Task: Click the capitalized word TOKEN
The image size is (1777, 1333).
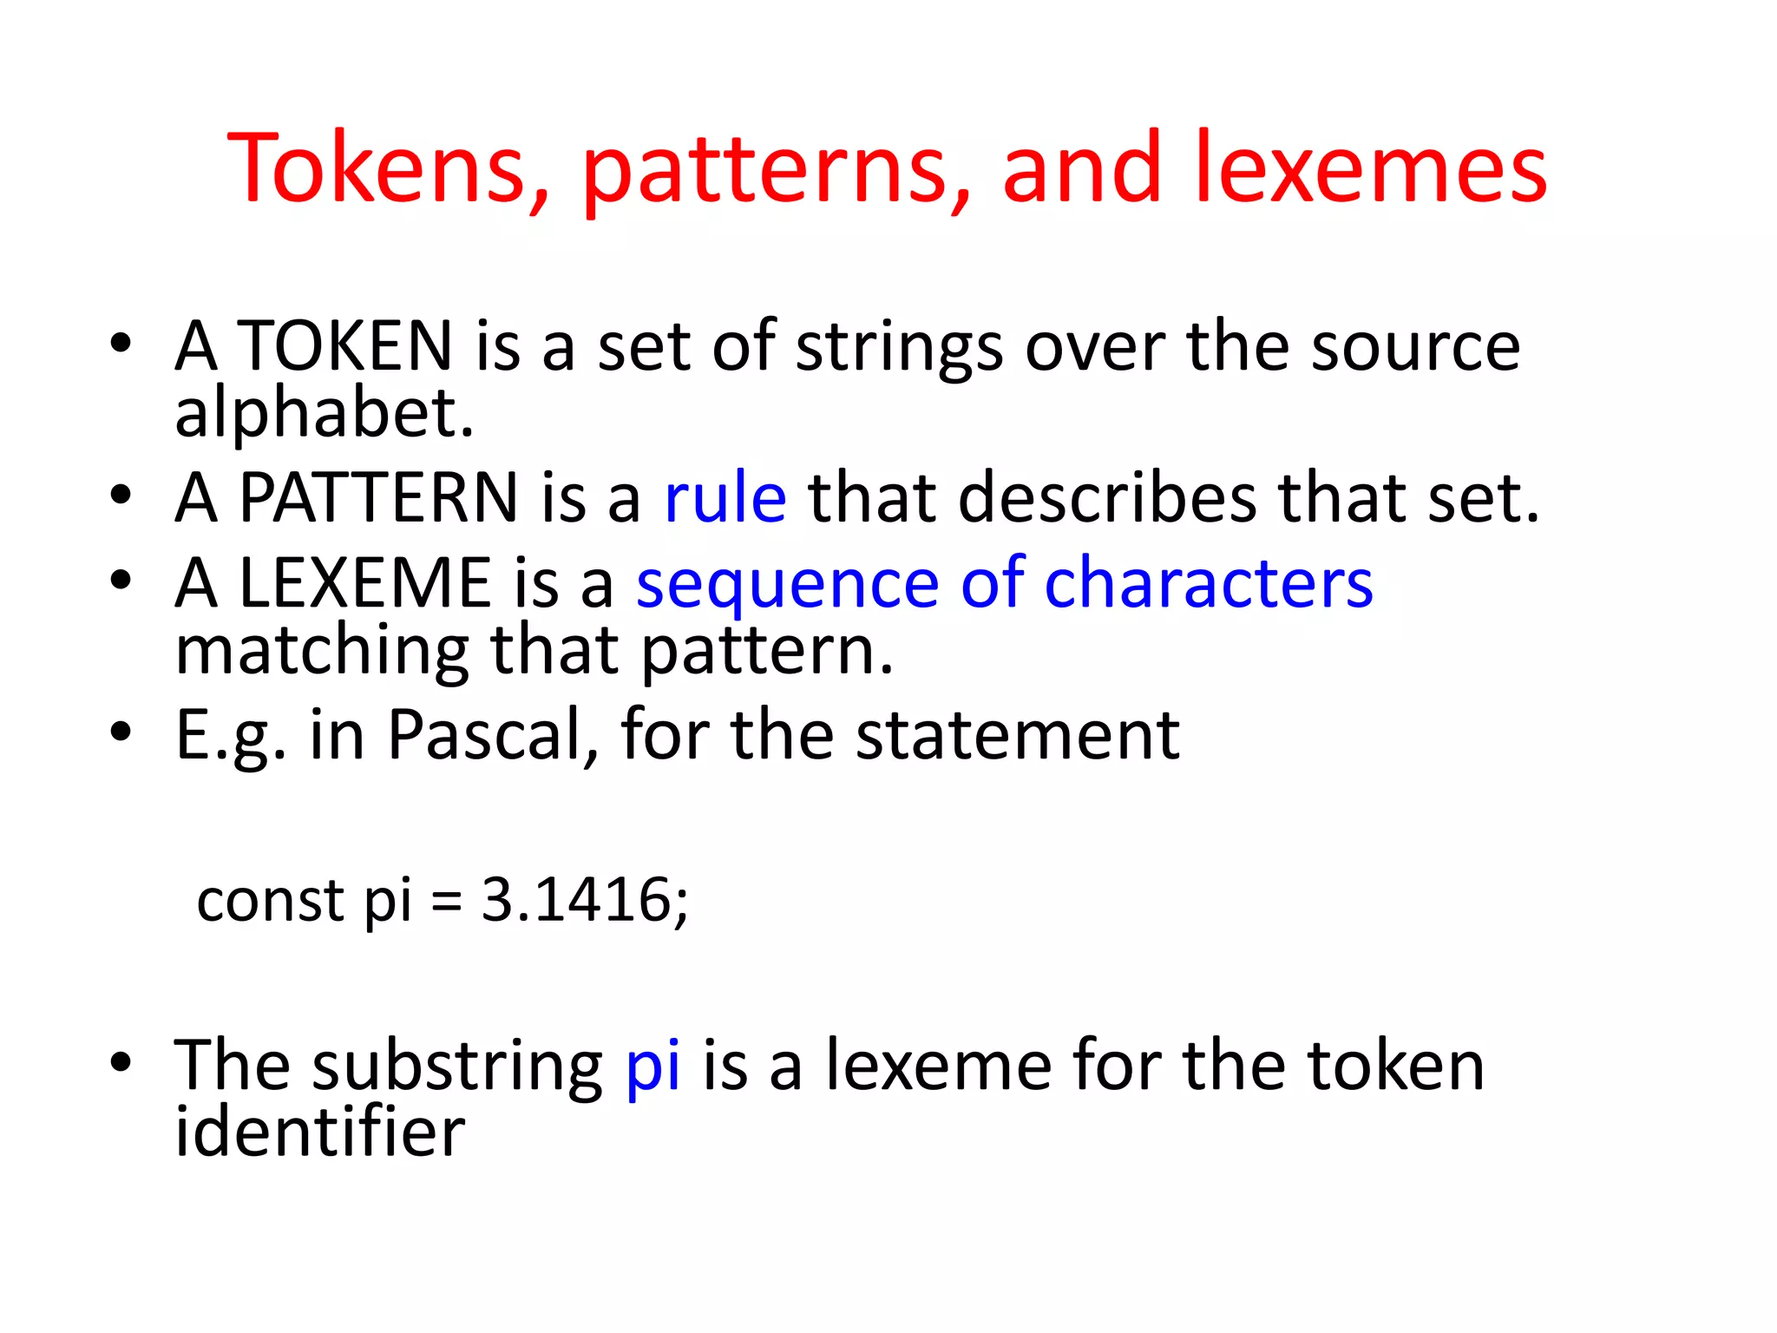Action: coord(344,345)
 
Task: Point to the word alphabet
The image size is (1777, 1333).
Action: coord(324,413)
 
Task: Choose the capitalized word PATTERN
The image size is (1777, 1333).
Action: coord(378,497)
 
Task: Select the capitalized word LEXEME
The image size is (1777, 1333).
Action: coord(364,582)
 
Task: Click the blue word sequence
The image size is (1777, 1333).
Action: coord(788,586)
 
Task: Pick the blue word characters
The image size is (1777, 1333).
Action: coord(1209,582)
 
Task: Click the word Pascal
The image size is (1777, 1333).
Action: coord(492,735)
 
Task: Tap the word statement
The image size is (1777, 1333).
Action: coord(1018,735)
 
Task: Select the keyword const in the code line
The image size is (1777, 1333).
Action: coord(271,900)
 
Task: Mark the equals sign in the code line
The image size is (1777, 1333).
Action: coord(447,902)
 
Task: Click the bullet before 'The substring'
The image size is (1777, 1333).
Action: coord(121,1061)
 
